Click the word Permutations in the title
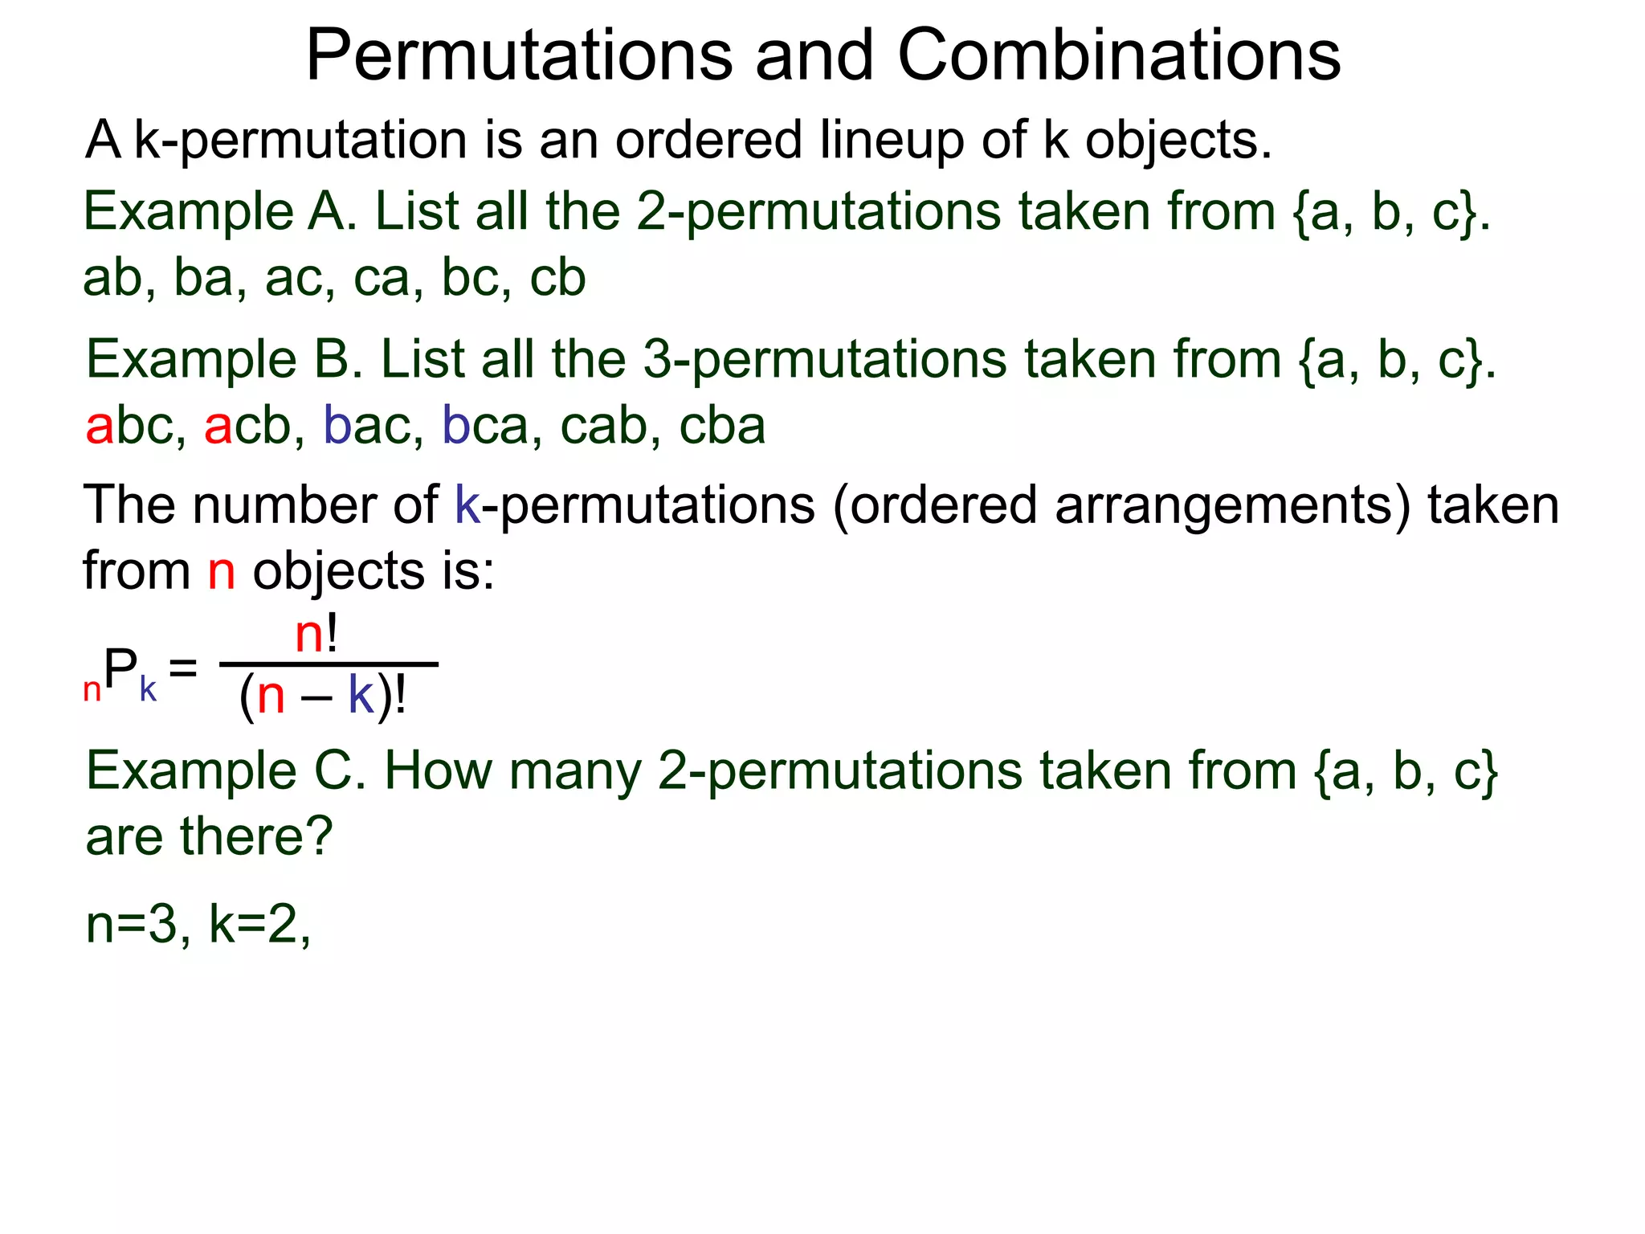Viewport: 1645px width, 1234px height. (519, 56)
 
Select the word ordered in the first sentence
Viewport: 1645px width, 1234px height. (708, 140)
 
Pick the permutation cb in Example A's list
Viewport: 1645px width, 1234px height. (557, 278)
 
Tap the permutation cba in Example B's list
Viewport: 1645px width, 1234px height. (722, 426)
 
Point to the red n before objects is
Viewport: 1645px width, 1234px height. (222, 572)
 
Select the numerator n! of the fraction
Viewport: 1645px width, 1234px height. (316, 635)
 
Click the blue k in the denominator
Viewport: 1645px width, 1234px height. (361, 696)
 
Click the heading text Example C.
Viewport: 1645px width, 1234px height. (226, 770)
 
